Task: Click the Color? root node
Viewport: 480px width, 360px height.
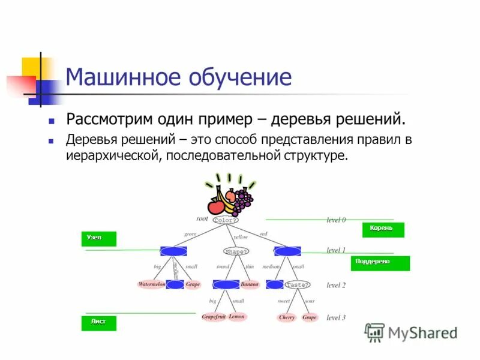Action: click(226, 220)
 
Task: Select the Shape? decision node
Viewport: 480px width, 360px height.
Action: click(236, 251)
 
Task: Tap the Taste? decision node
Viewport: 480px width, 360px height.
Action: click(298, 284)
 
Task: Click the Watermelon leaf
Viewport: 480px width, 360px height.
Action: click(151, 284)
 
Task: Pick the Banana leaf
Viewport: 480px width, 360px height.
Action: click(250, 284)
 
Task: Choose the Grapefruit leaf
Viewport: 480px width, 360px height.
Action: click(213, 316)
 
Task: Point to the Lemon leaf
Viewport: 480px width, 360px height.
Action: click(238, 316)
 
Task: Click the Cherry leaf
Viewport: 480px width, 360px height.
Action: click(287, 317)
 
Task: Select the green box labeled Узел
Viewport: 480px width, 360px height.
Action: click(99, 239)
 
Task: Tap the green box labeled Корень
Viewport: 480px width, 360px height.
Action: click(383, 230)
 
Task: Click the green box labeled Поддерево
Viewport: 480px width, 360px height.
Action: click(380, 263)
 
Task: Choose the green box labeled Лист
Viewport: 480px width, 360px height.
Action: click(99, 323)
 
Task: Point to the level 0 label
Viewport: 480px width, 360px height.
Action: click(336, 220)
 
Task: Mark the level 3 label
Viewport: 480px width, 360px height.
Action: click(336, 317)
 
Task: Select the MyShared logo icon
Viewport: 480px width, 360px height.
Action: click(374, 332)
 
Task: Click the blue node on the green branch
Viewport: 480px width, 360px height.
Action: click(173, 251)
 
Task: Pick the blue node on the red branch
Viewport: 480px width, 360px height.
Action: click(287, 251)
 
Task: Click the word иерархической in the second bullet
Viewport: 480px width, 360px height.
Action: click(113, 155)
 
